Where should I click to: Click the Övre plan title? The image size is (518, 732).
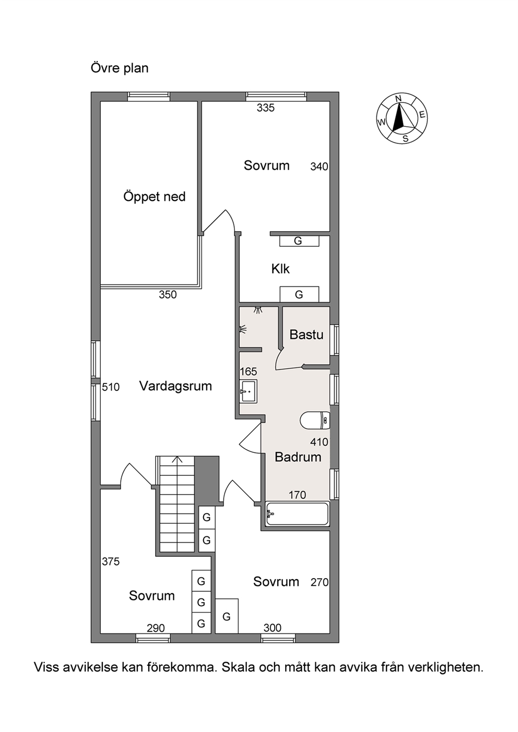[x=120, y=68]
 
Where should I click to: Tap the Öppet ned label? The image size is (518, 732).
[x=155, y=197]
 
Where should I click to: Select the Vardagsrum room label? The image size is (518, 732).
[x=175, y=386]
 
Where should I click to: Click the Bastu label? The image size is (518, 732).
[x=307, y=334]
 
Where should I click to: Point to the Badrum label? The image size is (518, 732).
[x=298, y=457]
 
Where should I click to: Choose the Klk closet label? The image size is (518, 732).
[x=280, y=269]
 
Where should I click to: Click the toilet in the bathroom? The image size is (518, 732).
[x=315, y=421]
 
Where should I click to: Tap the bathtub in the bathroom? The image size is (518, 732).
[x=297, y=514]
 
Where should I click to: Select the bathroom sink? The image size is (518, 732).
[x=248, y=391]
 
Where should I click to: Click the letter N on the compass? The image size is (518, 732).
[x=398, y=99]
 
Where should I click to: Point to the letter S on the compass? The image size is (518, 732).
[x=406, y=139]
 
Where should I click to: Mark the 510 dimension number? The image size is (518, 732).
[x=111, y=387]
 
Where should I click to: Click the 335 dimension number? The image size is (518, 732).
[x=266, y=108]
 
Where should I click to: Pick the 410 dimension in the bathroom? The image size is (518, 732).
[x=319, y=442]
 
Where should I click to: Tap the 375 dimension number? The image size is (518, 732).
[x=111, y=562]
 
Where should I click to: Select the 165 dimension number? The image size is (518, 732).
[x=249, y=371]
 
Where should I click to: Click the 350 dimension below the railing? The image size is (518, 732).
[x=168, y=295]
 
